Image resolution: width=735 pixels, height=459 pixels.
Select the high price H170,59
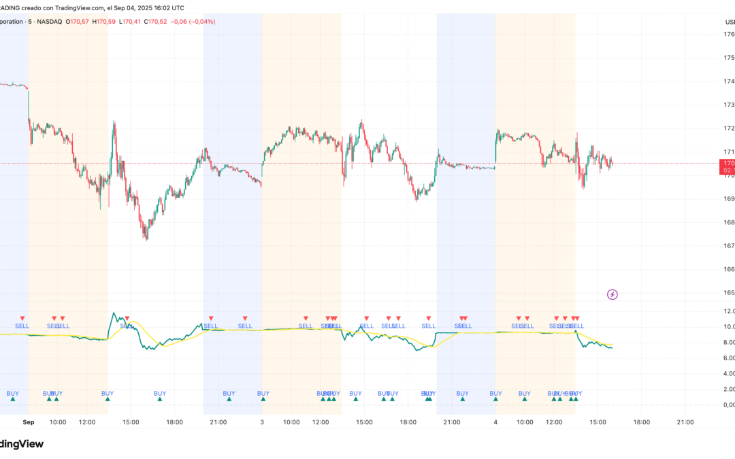click(106, 22)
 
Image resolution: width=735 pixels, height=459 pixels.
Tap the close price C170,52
click(157, 22)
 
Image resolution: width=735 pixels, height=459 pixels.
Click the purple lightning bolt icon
click(612, 294)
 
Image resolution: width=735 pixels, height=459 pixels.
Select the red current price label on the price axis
click(727, 167)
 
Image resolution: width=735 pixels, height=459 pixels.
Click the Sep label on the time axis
click(28, 422)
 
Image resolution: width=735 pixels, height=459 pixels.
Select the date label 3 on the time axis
click(262, 422)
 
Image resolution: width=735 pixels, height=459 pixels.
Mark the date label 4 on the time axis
click(495, 422)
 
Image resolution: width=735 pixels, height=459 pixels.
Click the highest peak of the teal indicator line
click(114, 313)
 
